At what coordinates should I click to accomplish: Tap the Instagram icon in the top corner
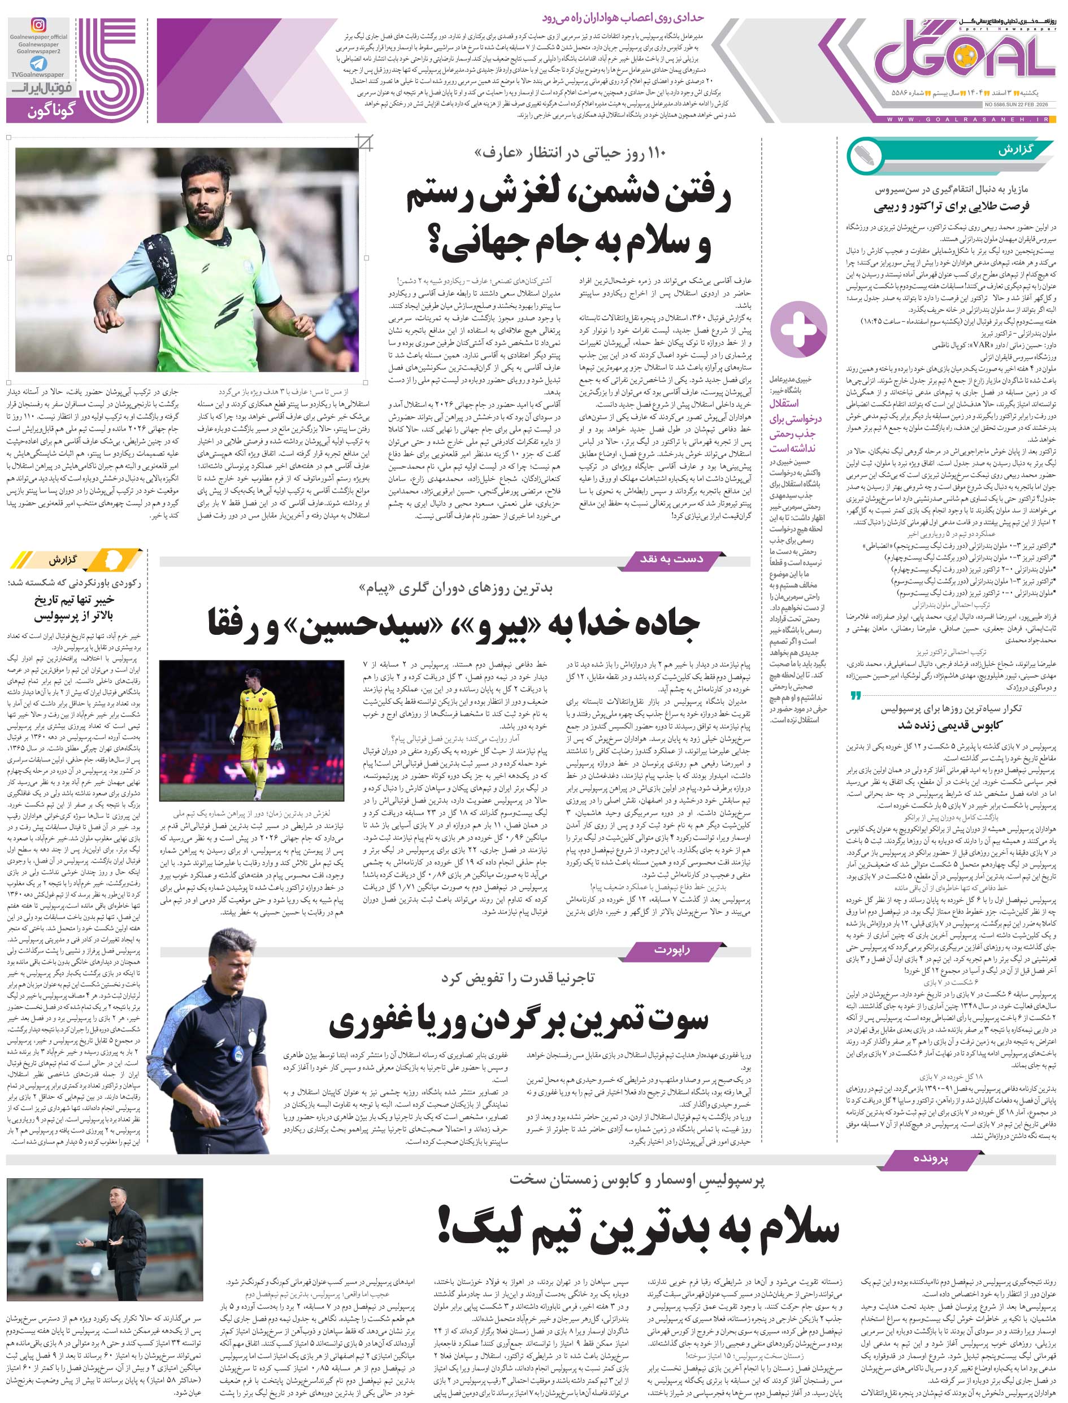pos(40,25)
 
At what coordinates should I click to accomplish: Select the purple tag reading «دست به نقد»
pos(671,559)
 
